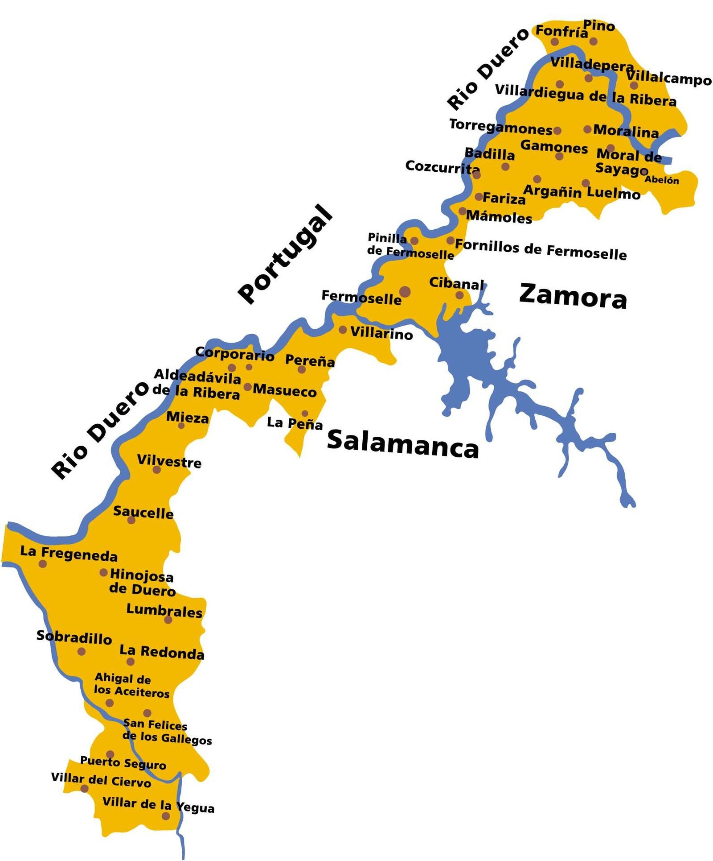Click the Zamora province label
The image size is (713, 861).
[x=573, y=296]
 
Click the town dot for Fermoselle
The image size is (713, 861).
[x=405, y=292]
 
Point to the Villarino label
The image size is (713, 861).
[x=381, y=333]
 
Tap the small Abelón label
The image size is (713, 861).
[x=662, y=180]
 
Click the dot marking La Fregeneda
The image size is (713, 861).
[x=43, y=563]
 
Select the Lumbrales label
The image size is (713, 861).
[x=164, y=610]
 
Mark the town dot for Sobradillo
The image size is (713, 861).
[x=82, y=651]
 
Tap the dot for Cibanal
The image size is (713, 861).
[x=459, y=295]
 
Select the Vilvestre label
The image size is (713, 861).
[x=169, y=461]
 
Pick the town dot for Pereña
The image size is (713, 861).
[x=302, y=369]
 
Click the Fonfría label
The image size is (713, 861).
[x=561, y=31]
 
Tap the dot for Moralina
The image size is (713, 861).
[x=588, y=129]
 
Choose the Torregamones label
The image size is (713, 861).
[x=500, y=127]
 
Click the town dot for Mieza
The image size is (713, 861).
[x=181, y=426]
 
